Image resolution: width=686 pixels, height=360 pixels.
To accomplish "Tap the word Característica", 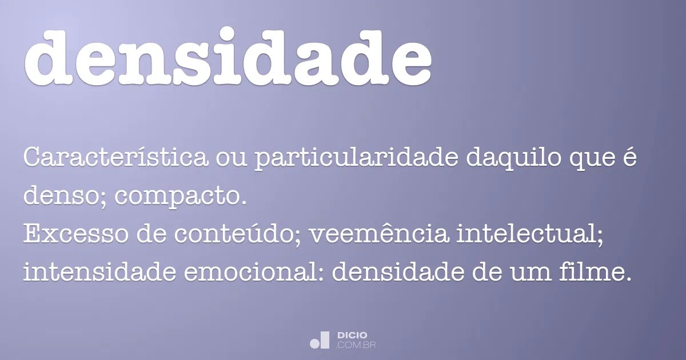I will (x=115, y=158).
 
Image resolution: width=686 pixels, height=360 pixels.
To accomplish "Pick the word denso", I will (x=63, y=197).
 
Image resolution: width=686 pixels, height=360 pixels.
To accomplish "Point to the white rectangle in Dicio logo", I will (x=324, y=340).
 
